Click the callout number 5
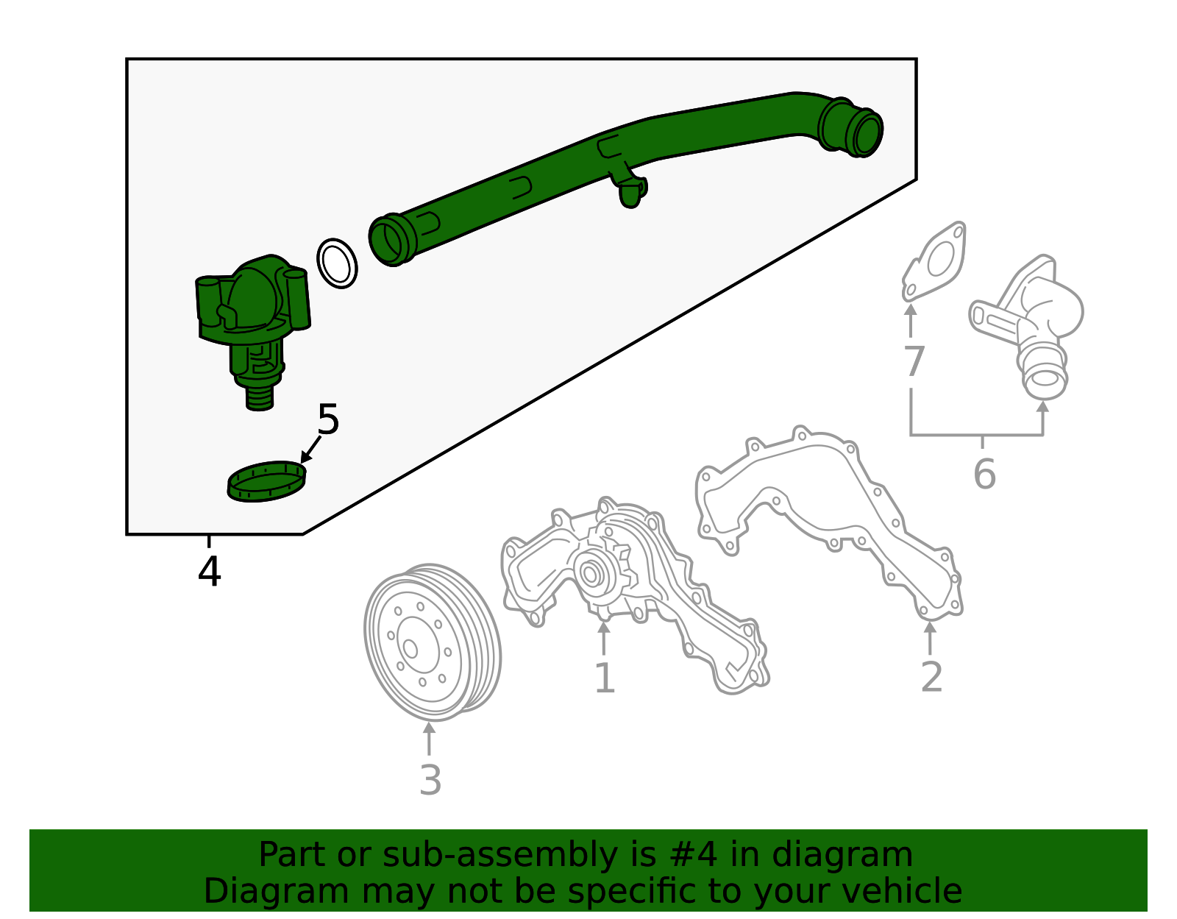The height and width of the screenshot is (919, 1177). tap(328, 420)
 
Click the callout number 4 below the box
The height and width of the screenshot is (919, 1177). tap(210, 572)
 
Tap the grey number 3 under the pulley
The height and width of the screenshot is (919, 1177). tap(430, 781)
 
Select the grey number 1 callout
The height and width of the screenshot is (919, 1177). tap(604, 678)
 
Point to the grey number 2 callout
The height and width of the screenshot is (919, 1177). tap(931, 677)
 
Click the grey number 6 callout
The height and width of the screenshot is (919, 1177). tap(984, 474)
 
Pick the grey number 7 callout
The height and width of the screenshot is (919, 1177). tap(913, 362)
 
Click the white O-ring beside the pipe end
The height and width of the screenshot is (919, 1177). tap(337, 263)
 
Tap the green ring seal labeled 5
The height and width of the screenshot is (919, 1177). tap(266, 482)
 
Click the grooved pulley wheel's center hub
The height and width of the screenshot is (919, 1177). tap(410, 648)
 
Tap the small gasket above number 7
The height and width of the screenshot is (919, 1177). tap(936, 261)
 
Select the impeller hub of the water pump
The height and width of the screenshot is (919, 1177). tap(590, 573)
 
